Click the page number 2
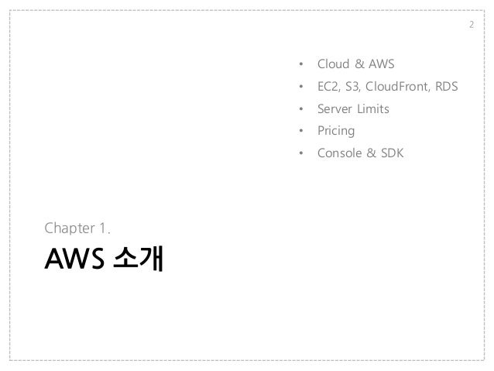472,28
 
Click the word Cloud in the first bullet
334,64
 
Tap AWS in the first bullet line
381,64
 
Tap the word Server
336,109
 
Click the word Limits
374,109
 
